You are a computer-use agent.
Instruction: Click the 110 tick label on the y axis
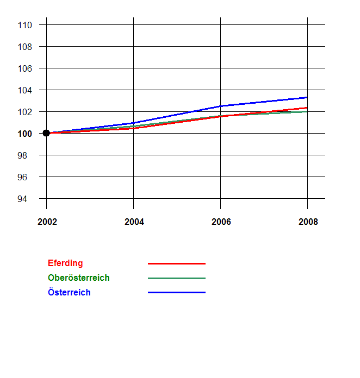click(x=25, y=25)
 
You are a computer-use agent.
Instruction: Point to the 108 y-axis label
click(x=25, y=47)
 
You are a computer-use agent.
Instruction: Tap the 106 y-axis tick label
click(x=25, y=68)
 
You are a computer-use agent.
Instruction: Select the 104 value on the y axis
click(x=25, y=90)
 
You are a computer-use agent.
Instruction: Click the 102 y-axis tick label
click(x=25, y=112)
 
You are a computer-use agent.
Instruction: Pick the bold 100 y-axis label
click(x=25, y=134)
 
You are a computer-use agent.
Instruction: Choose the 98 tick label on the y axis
click(x=27, y=155)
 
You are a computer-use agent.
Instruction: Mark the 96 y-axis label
click(x=27, y=177)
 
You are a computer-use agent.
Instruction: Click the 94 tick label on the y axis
click(x=27, y=199)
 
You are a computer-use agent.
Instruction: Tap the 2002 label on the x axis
click(x=47, y=222)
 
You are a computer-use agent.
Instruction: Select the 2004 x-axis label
click(x=134, y=222)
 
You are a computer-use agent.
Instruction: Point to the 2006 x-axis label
click(x=221, y=222)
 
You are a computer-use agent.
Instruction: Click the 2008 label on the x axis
click(x=308, y=222)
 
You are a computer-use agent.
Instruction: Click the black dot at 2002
click(x=46, y=133)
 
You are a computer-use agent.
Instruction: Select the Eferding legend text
click(x=65, y=263)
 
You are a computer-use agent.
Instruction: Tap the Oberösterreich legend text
click(x=79, y=278)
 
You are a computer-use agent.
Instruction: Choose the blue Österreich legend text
click(x=69, y=293)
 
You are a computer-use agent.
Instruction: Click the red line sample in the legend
click(x=177, y=263)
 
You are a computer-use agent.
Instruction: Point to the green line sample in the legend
click(x=177, y=278)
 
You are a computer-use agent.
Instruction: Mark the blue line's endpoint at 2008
click(x=307, y=97)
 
